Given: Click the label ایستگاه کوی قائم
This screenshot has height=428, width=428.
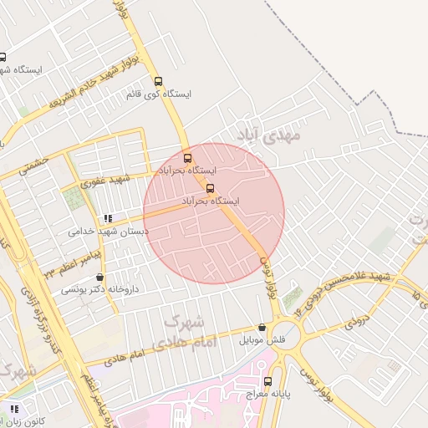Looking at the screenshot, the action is (159, 94).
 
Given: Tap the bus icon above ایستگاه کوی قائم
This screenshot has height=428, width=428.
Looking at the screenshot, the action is (158, 82).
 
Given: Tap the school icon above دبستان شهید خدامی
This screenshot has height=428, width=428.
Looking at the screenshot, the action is (107, 218).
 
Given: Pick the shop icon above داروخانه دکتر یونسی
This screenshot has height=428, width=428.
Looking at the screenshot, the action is (101, 277).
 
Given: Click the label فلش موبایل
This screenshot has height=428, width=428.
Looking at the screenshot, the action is (262, 340).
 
